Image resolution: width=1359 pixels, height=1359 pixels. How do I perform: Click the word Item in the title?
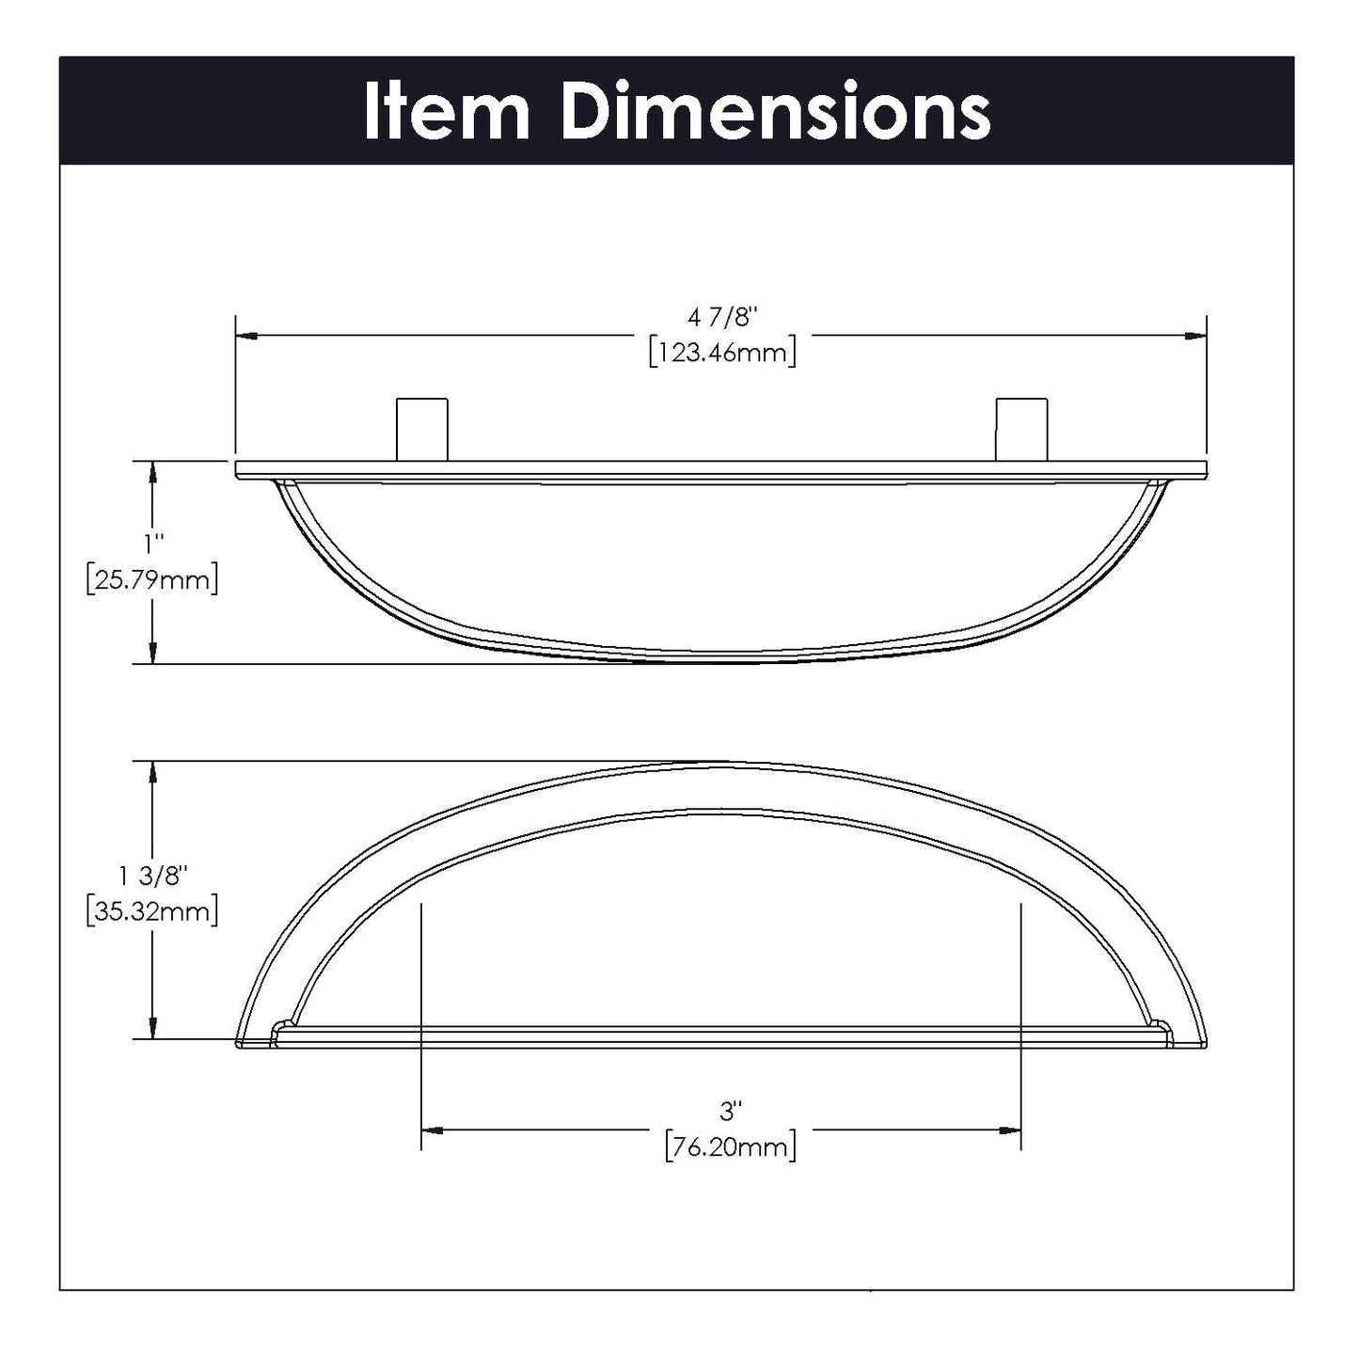click(448, 112)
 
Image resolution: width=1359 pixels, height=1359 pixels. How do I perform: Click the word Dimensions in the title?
click(775, 112)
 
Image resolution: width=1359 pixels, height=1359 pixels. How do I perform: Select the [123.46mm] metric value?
click(722, 353)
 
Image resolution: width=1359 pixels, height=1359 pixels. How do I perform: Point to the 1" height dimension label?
click(152, 544)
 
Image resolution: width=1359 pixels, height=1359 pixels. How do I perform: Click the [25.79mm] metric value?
click(152, 579)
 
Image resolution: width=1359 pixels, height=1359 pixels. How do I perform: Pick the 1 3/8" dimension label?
click(153, 877)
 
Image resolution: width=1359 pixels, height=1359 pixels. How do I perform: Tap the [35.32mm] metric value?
click(152, 911)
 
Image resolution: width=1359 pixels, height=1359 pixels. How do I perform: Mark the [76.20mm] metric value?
click(730, 1147)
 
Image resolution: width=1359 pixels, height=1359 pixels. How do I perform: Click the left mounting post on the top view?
click(422, 429)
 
